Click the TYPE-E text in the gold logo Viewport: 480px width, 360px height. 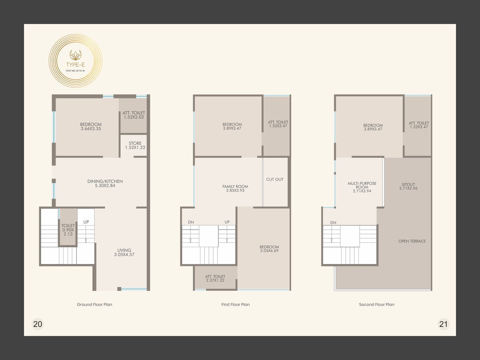[76, 65]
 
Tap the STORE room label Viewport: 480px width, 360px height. [135, 145]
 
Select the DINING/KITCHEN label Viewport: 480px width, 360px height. [105, 183]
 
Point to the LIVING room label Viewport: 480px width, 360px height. [124, 252]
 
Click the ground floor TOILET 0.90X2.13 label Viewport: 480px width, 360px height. [68, 230]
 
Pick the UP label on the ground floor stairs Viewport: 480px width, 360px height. [86, 222]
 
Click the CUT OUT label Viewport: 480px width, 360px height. [275, 180]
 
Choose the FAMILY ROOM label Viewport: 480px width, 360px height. [235, 188]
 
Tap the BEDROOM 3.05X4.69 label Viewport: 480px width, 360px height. [269, 249]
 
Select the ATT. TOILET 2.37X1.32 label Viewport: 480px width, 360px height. [215, 278]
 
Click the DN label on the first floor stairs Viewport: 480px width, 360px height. [191, 222]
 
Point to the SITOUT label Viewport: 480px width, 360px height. [408, 186]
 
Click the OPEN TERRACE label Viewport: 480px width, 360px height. [412, 241]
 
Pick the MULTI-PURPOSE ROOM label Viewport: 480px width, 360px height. [362, 187]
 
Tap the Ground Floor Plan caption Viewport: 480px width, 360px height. [94, 304]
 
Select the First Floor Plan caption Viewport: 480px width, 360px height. [236, 304]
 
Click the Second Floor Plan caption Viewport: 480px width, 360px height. [376, 304]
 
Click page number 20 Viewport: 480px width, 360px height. [38, 324]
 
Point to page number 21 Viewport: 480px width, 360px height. [443, 324]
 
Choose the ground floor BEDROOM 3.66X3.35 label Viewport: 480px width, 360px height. [91, 126]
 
